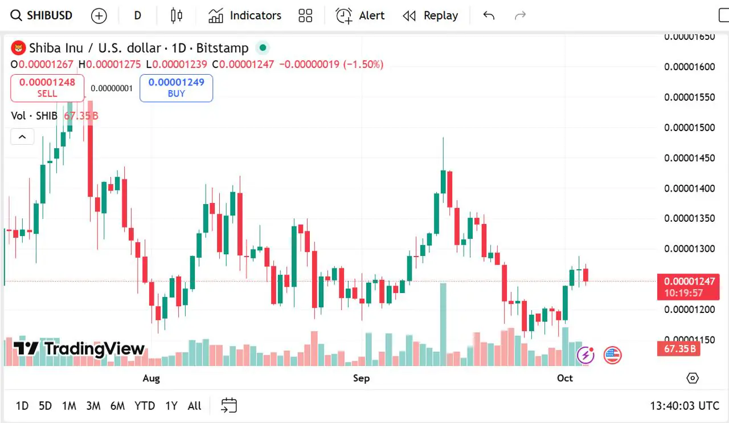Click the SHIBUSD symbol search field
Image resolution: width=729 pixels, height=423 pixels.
pos(43,15)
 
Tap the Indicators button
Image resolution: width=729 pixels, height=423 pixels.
pos(245,15)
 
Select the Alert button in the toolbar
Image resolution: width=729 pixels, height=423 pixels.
pos(361,15)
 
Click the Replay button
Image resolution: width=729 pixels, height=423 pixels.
pos(431,15)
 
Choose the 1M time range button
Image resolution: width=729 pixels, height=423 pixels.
pos(69,406)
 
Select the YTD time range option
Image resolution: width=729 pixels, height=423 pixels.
pos(145,406)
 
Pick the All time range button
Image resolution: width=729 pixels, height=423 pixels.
pos(194,406)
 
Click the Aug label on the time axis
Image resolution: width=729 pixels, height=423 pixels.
pos(151,378)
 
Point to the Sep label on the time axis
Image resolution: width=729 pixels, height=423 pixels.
pos(361,378)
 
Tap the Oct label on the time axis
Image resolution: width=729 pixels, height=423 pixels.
pos(565,378)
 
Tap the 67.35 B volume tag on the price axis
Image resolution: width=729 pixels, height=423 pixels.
pos(678,348)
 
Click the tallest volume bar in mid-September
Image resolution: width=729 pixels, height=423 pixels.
pos(443,325)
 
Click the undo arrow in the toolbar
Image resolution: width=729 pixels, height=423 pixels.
pos(489,15)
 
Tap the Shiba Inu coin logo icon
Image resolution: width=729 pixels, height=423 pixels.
pos(19,48)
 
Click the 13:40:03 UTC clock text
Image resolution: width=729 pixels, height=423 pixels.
pos(685,406)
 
